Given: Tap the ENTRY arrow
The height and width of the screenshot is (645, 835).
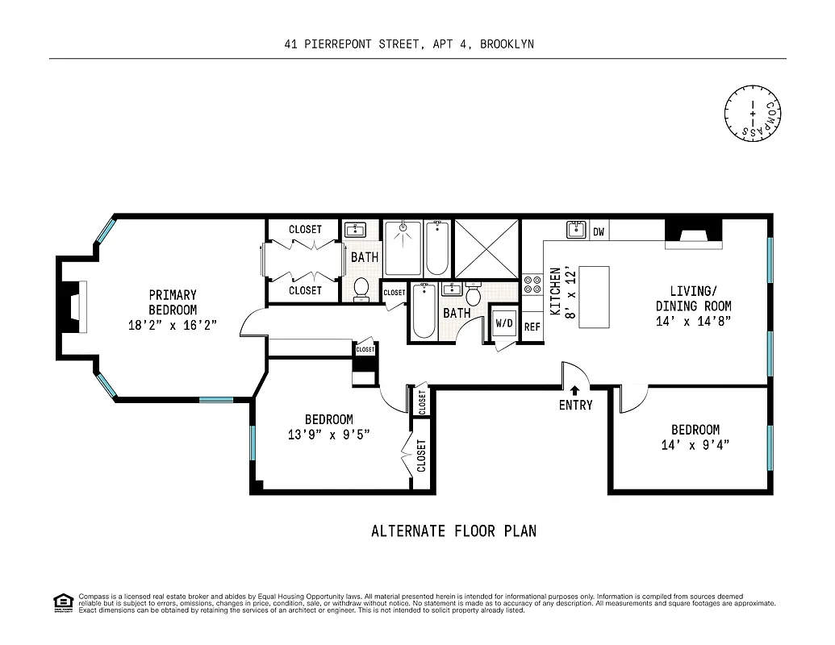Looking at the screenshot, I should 575,391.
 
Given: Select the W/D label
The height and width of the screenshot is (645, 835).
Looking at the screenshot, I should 504,323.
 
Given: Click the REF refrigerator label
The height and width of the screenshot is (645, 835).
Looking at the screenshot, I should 532,327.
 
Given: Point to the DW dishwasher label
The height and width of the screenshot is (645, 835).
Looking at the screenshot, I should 599,232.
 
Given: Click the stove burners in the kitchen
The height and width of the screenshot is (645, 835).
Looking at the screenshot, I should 532,284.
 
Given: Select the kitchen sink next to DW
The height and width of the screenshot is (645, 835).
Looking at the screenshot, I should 576,231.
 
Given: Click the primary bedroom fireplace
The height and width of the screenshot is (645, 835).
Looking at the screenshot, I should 74,307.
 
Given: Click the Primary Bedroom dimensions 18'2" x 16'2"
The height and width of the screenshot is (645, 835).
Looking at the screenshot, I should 173,325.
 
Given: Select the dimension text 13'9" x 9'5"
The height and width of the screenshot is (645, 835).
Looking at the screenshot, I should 328,435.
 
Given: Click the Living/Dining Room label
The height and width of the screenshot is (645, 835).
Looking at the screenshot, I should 693,298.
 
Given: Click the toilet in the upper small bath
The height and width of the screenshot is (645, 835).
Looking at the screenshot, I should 361,288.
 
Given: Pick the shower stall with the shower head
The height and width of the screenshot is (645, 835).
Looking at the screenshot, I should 402,248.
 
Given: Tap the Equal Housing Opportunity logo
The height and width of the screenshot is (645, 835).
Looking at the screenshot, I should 63,602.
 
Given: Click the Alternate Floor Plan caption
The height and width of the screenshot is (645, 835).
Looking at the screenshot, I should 453,531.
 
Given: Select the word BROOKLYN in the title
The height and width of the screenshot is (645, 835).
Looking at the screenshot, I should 507,44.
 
